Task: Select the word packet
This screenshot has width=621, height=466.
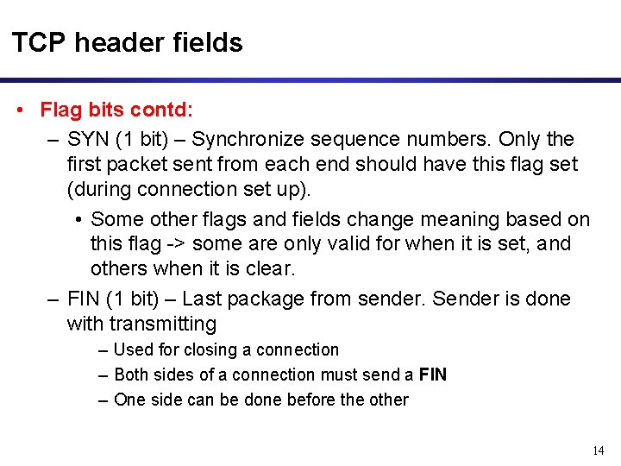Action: [143, 164]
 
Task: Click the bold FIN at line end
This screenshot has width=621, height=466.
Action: [432, 375]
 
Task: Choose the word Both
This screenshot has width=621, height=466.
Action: [132, 375]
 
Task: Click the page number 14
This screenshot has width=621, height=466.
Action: [599, 450]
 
